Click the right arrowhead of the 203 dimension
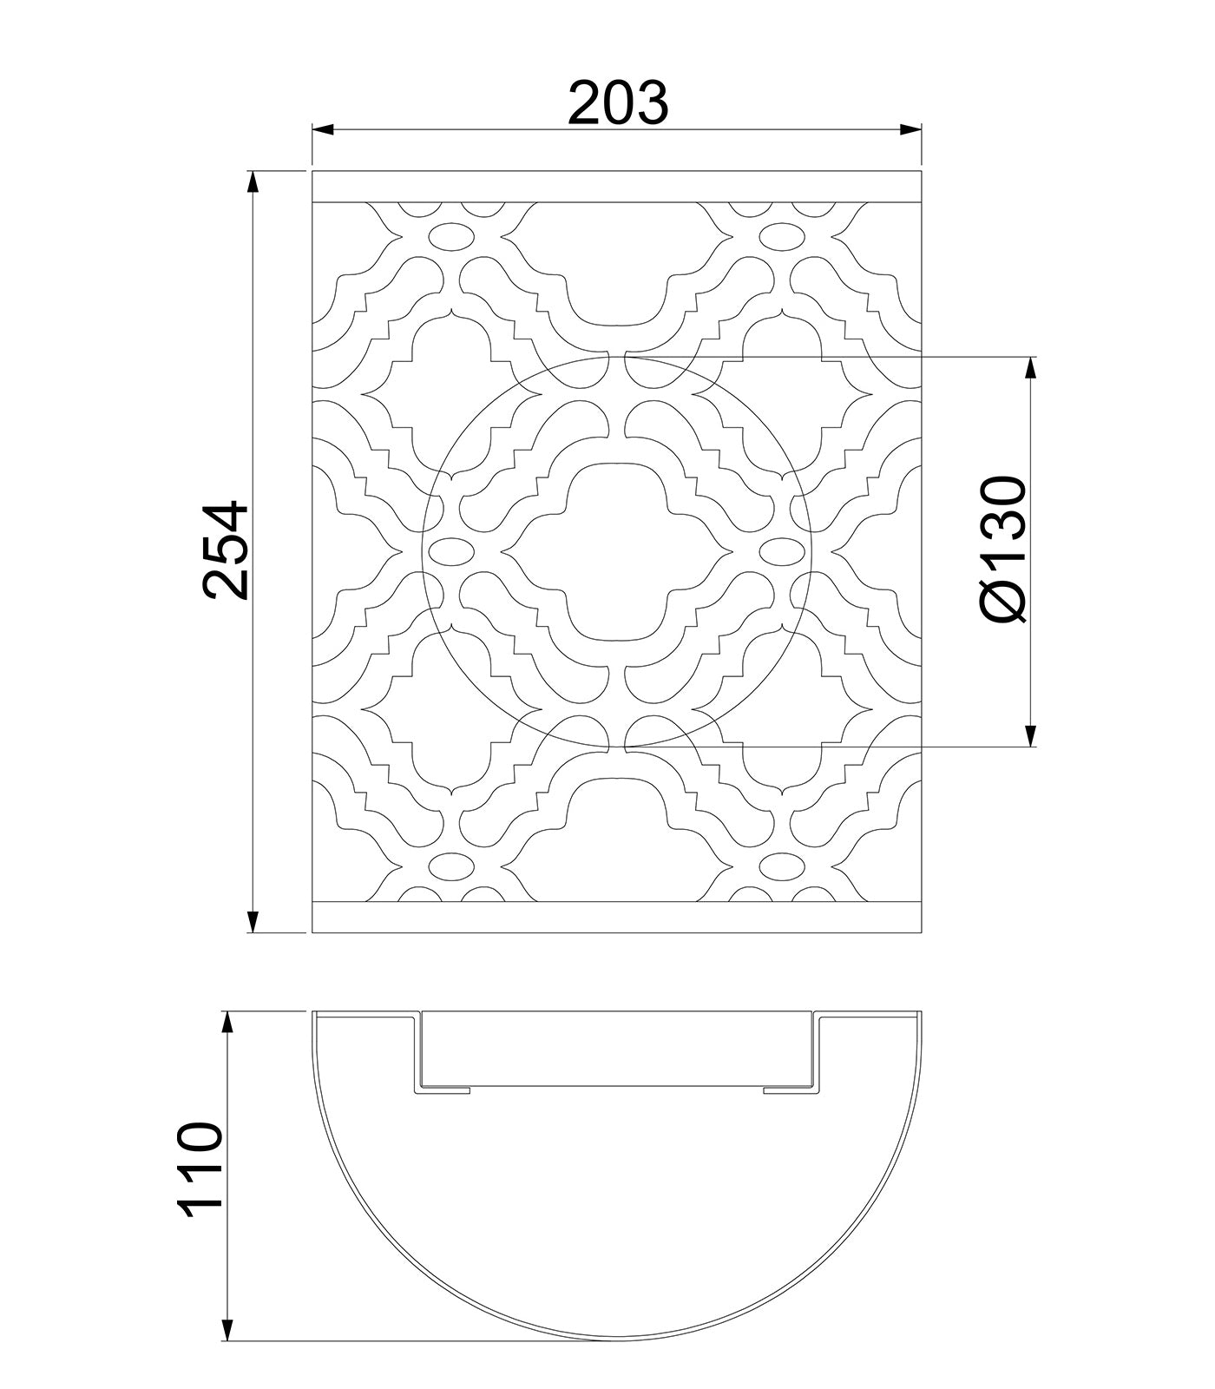(x=910, y=130)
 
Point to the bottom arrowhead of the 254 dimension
(x=253, y=921)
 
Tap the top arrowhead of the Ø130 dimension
(x=1030, y=367)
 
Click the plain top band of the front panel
(x=616, y=187)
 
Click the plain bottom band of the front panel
(x=616, y=918)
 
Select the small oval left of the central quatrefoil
(x=450, y=550)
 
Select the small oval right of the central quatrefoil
(x=783, y=550)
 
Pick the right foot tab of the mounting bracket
(x=789, y=1089)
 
